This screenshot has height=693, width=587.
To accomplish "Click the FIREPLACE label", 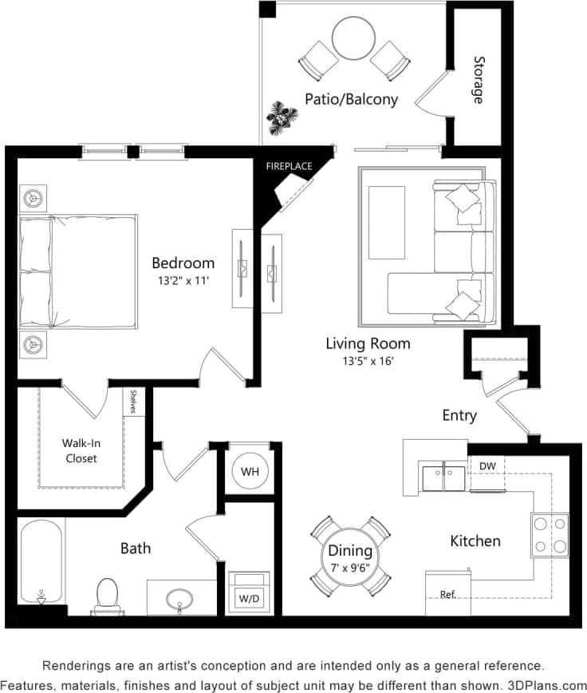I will point(288,165).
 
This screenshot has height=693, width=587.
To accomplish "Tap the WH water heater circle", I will point(250,472).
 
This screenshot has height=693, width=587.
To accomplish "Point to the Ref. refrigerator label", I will point(447,595).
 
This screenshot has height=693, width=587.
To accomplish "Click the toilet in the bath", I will point(106,595).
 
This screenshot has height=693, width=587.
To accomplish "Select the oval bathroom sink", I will point(180,599).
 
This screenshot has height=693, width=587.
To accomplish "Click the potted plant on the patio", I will point(281,117).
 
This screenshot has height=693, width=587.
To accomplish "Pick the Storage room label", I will point(479,80).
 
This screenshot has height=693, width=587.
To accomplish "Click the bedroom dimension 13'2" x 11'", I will point(183,279).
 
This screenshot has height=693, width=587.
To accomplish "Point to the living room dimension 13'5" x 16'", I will point(368,361).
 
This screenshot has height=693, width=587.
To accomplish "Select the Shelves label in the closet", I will point(134,402).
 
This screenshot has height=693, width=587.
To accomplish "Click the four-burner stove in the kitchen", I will point(550,535).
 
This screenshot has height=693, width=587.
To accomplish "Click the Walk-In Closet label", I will point(80,450).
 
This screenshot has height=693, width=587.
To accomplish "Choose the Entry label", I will point(459,415).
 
